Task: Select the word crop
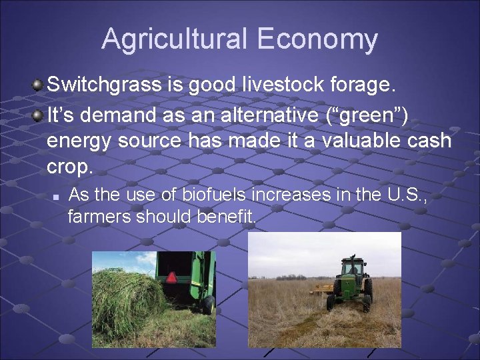69,166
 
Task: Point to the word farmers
99,217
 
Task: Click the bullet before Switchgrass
38,85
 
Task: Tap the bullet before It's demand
38,115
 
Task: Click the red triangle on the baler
172,277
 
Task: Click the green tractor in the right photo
350,283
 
